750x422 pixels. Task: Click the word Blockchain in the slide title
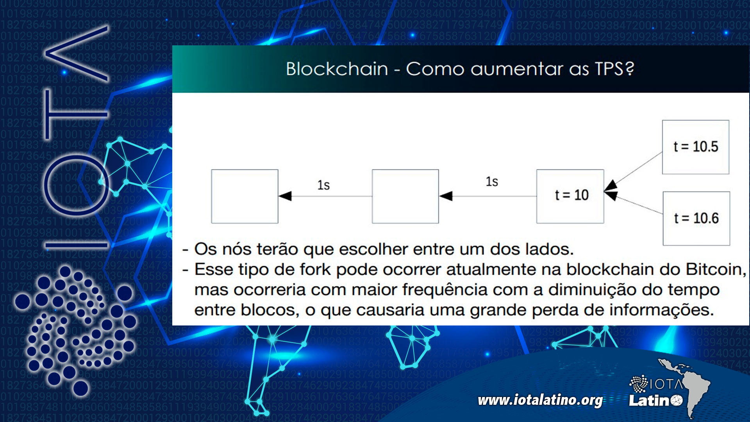[x=337, y=69]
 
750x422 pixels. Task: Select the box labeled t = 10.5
[x=695, y=147]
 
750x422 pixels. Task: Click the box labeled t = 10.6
[x=696, y=218]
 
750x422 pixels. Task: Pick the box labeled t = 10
[x=570, y=196]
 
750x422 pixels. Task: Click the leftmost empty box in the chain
[x=245, y=196]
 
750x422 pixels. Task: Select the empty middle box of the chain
[x=405, y=196]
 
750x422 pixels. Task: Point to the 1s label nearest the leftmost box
[x=323, y=185]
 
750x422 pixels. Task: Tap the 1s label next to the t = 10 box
[x=492, y=182]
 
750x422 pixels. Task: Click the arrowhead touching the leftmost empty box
[x=286, y=196]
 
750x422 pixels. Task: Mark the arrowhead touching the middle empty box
[x=446, y=196]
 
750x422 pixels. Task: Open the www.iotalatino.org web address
[x=540, y=400]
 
